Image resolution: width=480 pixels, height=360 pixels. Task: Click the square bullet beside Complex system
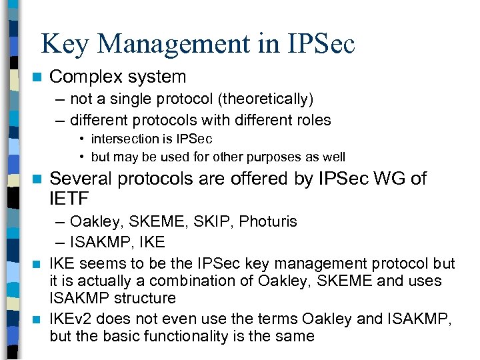point(37,77)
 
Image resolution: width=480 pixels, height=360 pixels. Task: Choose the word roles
point(311,120)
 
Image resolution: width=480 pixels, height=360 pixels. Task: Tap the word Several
point(79,179)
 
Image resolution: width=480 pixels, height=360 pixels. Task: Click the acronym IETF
point(69,198)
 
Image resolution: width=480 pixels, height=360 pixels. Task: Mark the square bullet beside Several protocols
point(37,179)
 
